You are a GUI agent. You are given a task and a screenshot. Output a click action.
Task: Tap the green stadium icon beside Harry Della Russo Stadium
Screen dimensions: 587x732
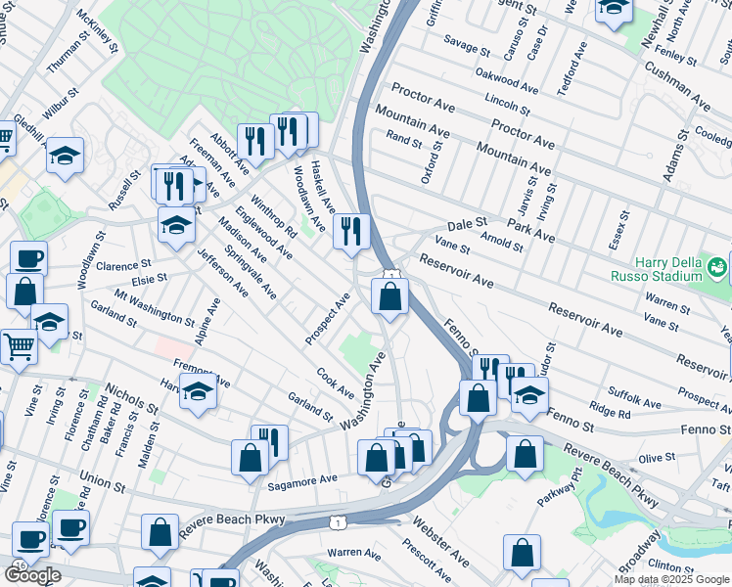pos(717,265)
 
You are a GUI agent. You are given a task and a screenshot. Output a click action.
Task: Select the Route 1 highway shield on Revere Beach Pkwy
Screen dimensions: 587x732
pos(337,523)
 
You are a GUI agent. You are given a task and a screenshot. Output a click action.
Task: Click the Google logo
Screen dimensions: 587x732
pos(32,575)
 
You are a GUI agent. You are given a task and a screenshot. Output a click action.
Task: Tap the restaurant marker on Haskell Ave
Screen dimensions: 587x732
pos(351,233)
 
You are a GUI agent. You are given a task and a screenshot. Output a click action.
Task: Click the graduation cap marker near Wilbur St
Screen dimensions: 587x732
pos(65,156)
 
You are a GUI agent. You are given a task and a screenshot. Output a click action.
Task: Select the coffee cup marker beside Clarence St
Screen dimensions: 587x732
pos(28,259)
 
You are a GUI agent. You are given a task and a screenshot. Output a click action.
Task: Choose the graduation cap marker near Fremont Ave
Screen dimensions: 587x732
pos(198,392)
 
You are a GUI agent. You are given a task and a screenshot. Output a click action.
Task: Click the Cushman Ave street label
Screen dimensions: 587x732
pos(676,86)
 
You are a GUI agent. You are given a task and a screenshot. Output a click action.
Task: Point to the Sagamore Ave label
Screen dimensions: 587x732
pos(302,479)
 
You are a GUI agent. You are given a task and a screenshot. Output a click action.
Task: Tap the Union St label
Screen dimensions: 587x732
pos(103,482)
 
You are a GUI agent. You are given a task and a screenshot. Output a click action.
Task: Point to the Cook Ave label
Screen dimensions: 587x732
pos(335,383)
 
